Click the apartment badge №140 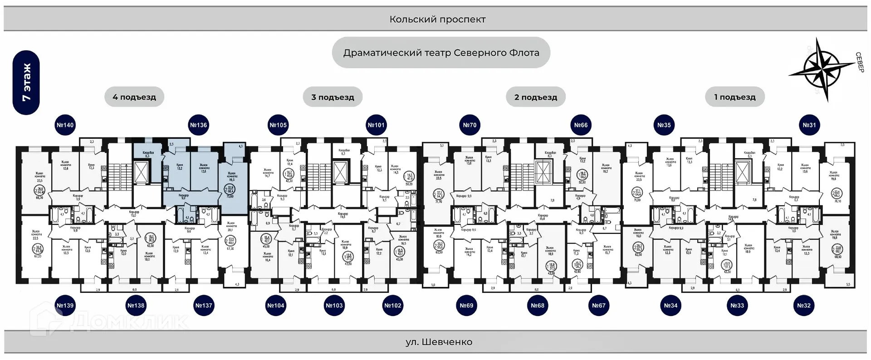65,125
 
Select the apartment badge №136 198,125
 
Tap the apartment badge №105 278,125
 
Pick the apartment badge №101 376,125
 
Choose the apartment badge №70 470,125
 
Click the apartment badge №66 581,125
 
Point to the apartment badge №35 664,125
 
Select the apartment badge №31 809,125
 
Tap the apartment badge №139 65,306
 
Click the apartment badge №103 334,306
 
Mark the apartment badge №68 538,306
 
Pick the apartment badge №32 804,306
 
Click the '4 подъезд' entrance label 134,97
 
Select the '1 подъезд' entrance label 735,97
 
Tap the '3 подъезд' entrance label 333,97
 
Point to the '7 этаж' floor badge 26,83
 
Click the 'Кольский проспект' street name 437,19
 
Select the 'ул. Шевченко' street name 439,342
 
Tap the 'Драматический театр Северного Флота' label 441,53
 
